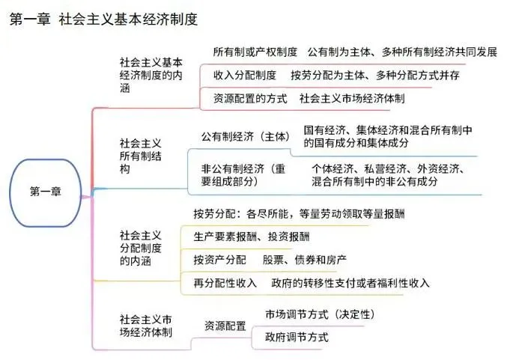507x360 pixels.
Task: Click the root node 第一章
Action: (x=46, y=191)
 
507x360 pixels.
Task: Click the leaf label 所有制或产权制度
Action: (x=255, y=52)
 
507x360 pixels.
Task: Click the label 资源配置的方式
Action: (x=250, y=97)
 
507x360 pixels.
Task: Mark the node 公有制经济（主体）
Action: (x=245, y=137)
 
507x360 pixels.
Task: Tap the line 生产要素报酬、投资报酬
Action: (x=251, y=237)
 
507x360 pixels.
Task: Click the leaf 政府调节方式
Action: (x=297, y=337)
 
